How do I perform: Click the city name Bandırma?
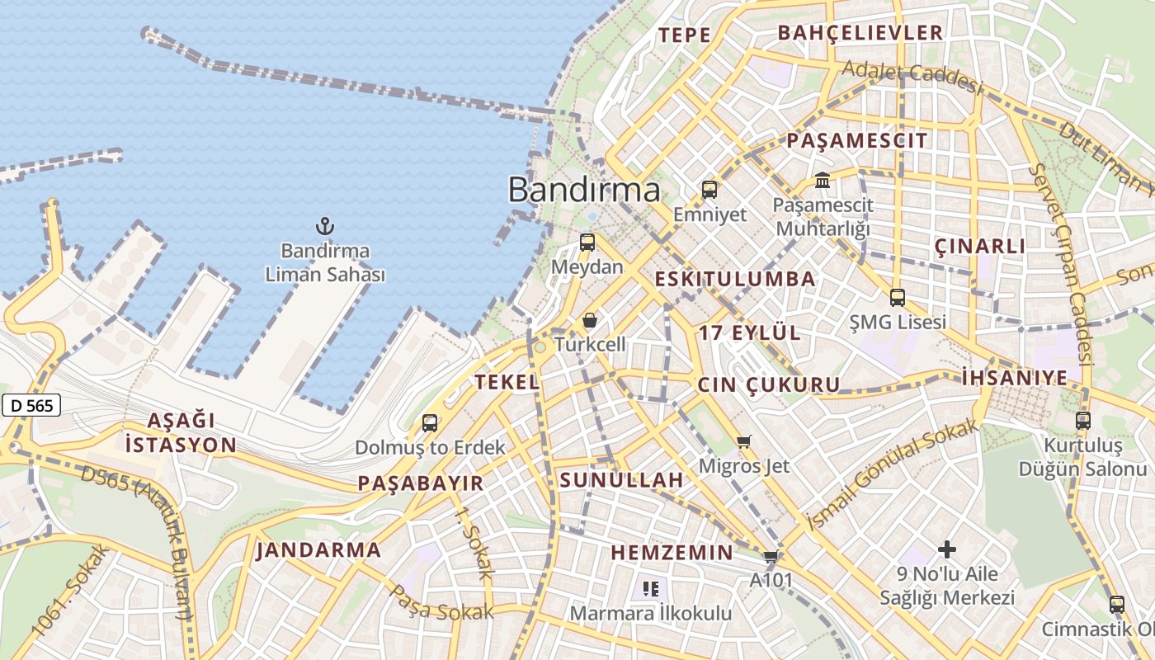583,190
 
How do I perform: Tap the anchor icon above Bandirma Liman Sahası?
325,225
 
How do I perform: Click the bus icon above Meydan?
587,243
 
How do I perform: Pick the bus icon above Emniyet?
709,190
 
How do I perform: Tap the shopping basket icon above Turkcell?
590,320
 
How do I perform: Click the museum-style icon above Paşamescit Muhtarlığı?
823,180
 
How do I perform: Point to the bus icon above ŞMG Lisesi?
898,298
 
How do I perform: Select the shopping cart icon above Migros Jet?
744,442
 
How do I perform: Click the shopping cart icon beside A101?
771,557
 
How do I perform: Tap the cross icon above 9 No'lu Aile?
947,549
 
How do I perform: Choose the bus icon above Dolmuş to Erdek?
430,423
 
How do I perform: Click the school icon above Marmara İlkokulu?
651,589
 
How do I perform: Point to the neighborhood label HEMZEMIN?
672,553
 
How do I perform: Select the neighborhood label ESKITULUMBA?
735,279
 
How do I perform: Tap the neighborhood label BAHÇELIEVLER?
860,33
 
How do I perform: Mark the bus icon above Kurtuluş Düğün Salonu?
1083,421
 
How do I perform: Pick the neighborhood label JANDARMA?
318,550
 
